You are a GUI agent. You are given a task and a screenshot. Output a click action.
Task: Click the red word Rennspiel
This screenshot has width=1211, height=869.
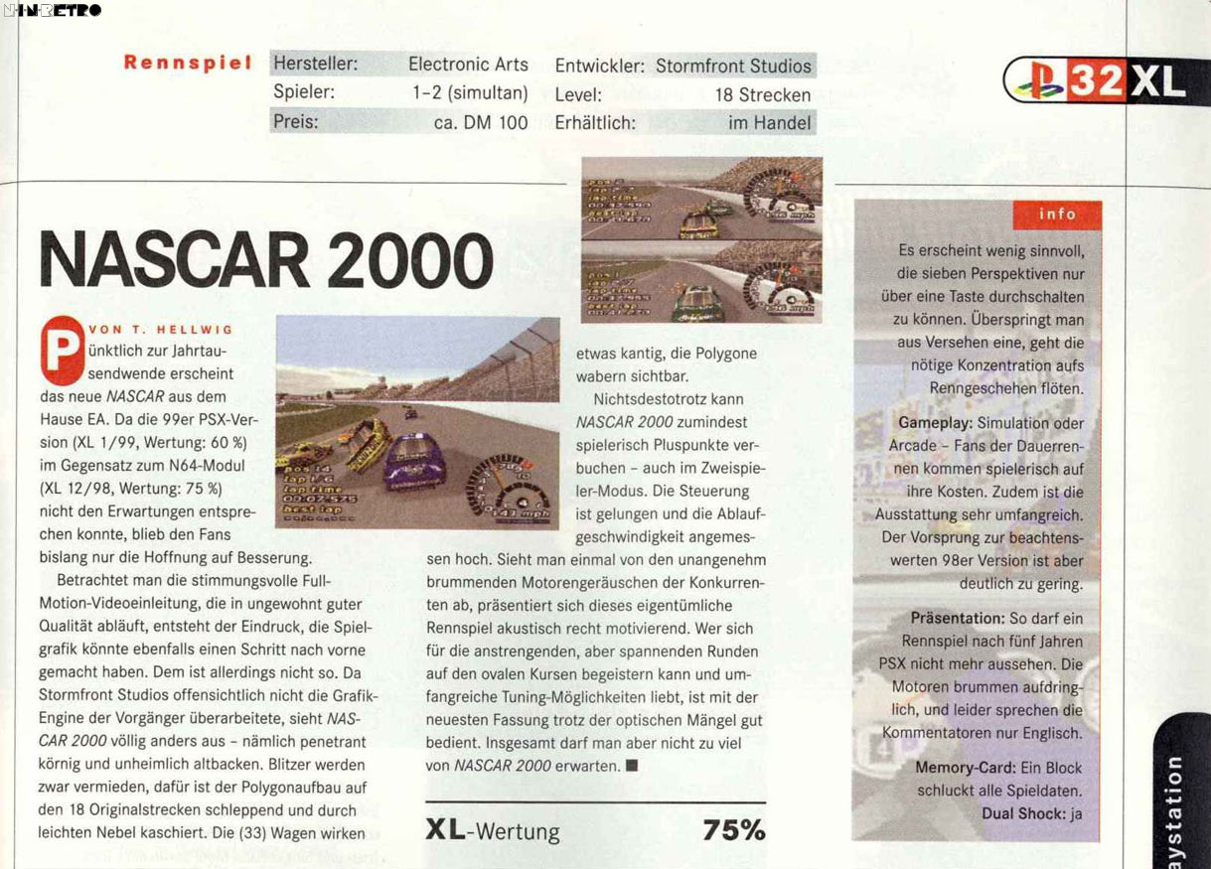[187, 64]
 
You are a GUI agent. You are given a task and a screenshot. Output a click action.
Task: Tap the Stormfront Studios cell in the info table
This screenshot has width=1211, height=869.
[733, 67]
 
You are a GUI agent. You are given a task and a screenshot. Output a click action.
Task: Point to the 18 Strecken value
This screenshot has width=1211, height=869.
[763, 95]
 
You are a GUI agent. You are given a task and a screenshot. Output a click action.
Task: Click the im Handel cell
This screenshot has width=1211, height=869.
[770, 123]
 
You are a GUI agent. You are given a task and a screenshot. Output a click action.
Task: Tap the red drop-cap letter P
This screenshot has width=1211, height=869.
[62, 351]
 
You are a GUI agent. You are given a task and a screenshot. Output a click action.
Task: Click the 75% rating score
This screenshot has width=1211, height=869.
[733, 831]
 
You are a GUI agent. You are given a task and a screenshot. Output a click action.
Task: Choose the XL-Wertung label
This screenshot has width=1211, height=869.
[492, 831]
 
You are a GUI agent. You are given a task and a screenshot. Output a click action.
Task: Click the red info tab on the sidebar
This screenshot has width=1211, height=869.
[1057, 214]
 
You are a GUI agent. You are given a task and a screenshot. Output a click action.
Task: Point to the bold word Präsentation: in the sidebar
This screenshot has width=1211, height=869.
[958, 619]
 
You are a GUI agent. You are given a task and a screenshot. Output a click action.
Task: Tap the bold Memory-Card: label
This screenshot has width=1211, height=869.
[964, 769]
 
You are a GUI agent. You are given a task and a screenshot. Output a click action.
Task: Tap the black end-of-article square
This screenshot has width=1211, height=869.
[632, 766]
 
